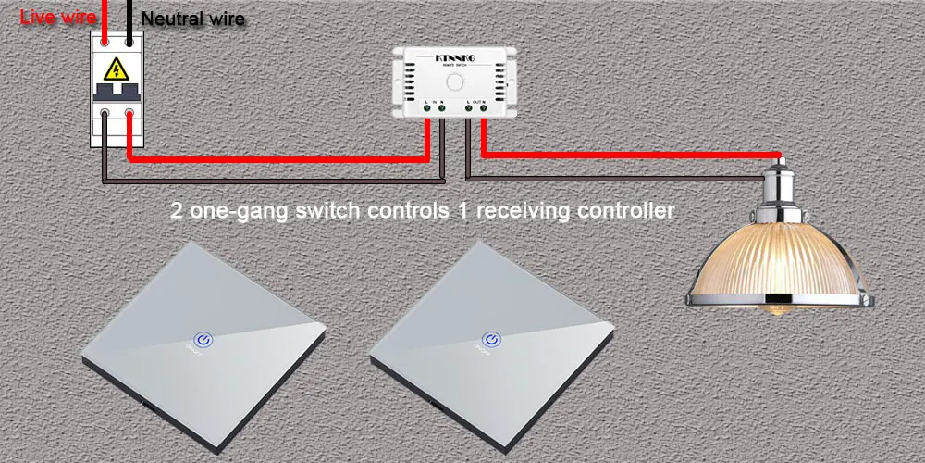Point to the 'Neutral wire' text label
pyautogui.click(x=193, y=19)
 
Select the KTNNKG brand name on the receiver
pyautogui.click(x=453, y=57)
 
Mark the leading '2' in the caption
pyautogui.click(x=177, y=211)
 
